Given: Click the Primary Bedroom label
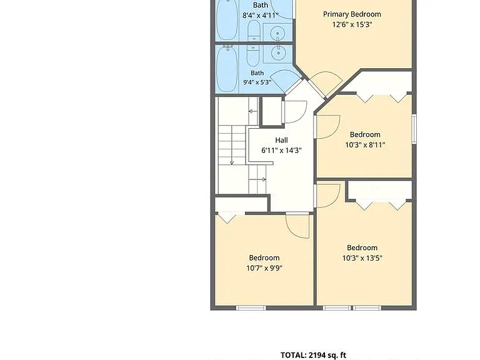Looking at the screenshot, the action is (352, 14).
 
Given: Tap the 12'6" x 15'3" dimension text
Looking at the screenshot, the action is (352, 24).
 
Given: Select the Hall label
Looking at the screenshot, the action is (281, 140).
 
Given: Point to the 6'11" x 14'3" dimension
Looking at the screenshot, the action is (281, 150).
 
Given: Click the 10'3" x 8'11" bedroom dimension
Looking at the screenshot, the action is (365, 145).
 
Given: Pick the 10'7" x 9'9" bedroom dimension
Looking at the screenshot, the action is (264, 268).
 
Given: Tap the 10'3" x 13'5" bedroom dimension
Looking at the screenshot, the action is (362, 258).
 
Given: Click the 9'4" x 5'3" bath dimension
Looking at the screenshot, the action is (257, 82).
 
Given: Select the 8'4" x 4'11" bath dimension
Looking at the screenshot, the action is (261, 15).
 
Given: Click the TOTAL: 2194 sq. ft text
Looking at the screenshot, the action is (313, 355).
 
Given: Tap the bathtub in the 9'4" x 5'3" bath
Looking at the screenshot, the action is (227, 69).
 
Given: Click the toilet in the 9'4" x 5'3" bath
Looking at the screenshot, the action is (253, 56).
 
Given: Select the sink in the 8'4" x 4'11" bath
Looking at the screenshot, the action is (278, 32).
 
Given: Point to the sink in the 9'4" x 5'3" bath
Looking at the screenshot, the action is (278, 53).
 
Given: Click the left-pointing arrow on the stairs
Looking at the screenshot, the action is (253, 111).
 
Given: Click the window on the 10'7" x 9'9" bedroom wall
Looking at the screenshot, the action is (251, 307).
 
